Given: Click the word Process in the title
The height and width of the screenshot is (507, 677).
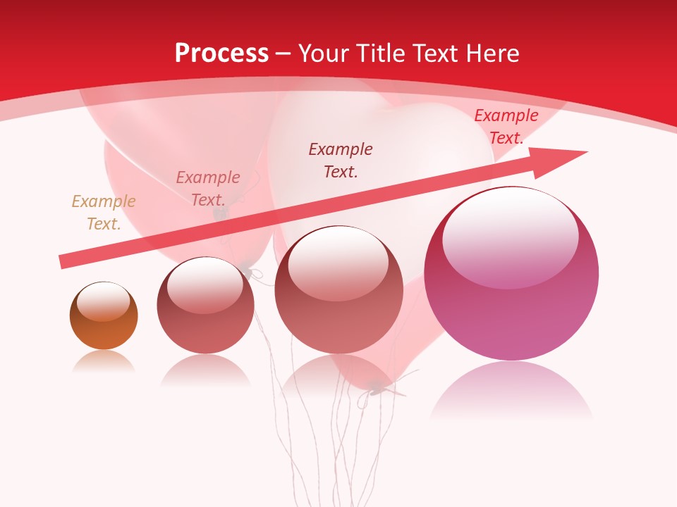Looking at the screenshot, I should click(221, 54).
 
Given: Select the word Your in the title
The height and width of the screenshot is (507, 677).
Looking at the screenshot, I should click(322, 54).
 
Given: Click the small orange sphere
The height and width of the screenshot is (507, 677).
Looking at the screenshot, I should click(104, 315).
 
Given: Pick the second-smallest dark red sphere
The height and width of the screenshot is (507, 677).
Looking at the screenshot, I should click(205, 305).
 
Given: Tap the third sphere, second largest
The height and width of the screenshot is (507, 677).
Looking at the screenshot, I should click(338, 289).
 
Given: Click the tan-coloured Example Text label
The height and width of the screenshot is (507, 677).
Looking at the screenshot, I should click(104, 213).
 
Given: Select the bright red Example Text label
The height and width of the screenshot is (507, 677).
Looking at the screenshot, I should click(506, 127).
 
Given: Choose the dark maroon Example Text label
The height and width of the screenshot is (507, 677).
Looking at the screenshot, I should click(341, 160).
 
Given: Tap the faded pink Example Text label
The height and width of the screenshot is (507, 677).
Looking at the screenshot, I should click(208, 189).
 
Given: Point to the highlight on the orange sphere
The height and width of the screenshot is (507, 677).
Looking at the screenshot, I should click(103, 301).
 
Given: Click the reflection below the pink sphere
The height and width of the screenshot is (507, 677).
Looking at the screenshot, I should click(511, 391).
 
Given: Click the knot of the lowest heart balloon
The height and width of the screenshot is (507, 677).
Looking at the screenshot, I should click(378, 386).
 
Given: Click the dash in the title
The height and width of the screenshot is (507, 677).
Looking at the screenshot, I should click(283, 54).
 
